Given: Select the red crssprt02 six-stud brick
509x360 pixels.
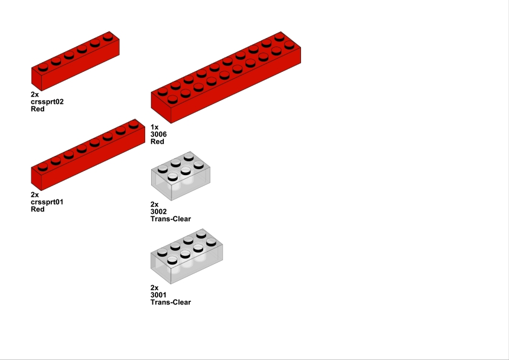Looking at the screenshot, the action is tap(76, 62).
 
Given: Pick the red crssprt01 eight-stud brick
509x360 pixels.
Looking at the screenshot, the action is tap(88, 156).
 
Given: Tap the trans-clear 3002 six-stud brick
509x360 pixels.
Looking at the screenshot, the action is tap(181, 176).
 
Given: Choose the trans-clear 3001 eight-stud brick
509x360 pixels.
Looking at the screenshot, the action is tap(187, 256).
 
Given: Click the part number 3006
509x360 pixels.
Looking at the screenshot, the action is tap(158, 134).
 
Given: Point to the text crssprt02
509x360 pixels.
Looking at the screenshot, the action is tap(47, 102).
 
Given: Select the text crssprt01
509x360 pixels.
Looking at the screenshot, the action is tap(47, 202).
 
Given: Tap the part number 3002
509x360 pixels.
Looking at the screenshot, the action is tap(158, 212).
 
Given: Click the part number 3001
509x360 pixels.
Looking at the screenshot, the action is tap(158, 295).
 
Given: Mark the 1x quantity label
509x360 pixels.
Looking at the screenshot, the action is tap(155, 127).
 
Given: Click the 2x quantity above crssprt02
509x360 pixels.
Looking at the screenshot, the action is tap(34, 94).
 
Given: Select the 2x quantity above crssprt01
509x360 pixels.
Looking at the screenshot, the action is tap(34, 194).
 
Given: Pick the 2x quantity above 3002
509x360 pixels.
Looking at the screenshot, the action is tap(155, 204).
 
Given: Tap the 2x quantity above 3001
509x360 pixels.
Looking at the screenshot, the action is tap(155, 288).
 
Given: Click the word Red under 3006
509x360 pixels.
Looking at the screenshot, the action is tap(157, 141).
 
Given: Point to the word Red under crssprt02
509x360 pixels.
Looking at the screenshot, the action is tap(37, 109).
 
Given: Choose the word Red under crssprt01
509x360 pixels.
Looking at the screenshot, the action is tap(37, 209).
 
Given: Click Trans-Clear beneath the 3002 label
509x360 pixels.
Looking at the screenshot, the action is tap(170, 219).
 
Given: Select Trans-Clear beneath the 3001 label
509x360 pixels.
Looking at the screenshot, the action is tap(170, 302).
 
